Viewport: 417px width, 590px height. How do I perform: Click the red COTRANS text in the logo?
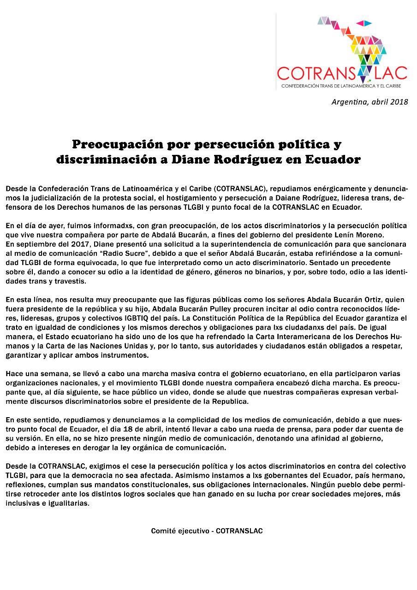tap(316, 73)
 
